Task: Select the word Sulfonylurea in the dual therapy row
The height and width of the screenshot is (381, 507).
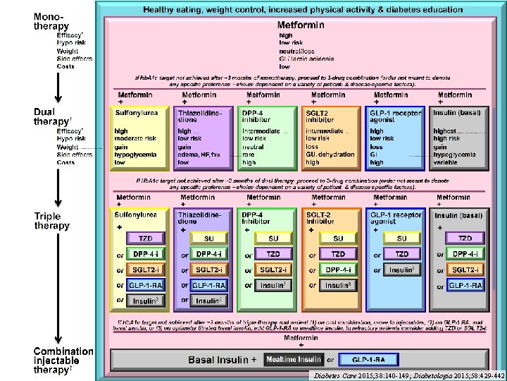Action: [137, 114]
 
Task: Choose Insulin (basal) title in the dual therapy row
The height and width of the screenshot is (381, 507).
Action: [458, 114]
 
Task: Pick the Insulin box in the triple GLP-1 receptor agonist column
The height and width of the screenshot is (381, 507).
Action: [401, 270]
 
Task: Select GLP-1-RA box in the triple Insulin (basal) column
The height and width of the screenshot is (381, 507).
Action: [465, 285]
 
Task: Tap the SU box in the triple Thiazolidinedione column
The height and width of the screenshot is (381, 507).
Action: [209, 238]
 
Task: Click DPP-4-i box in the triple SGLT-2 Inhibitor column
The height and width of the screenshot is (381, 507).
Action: [339, 270]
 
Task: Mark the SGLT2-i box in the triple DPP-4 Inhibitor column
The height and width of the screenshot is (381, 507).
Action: [273, 270]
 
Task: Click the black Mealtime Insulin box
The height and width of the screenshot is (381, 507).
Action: [293, 360]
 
